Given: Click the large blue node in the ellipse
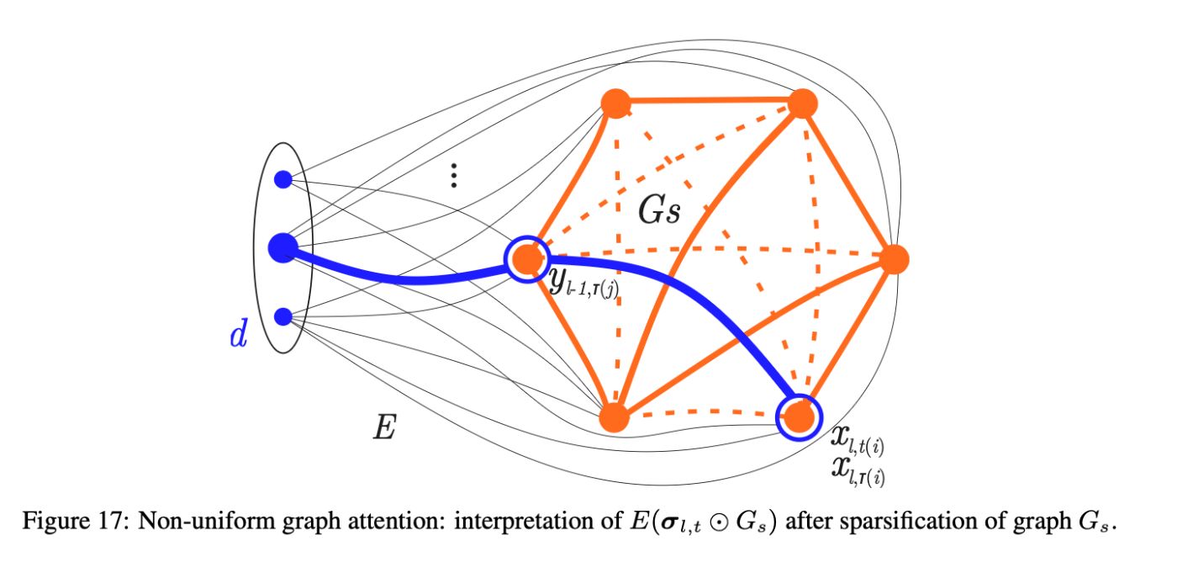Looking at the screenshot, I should click(x=283, y=247).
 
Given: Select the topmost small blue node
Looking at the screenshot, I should click(x=283, y=179).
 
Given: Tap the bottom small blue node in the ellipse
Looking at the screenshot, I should click(x=283, y=316).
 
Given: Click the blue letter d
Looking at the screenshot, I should click(x=238, y=336).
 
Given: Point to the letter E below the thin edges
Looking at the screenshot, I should click(x=384, y=428).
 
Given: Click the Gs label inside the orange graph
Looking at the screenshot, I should click(x=658, y=210).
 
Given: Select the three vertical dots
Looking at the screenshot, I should click(x=453, y=175).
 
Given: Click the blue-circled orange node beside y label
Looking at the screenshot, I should click(x=527, y=258).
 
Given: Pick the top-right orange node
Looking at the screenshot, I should click(x=803, y=103).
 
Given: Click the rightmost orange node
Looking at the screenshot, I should click(x=894, y=259).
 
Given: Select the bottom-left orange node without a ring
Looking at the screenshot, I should click(x=615, y=416).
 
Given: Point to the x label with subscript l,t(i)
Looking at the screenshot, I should click(x=856, y=438).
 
